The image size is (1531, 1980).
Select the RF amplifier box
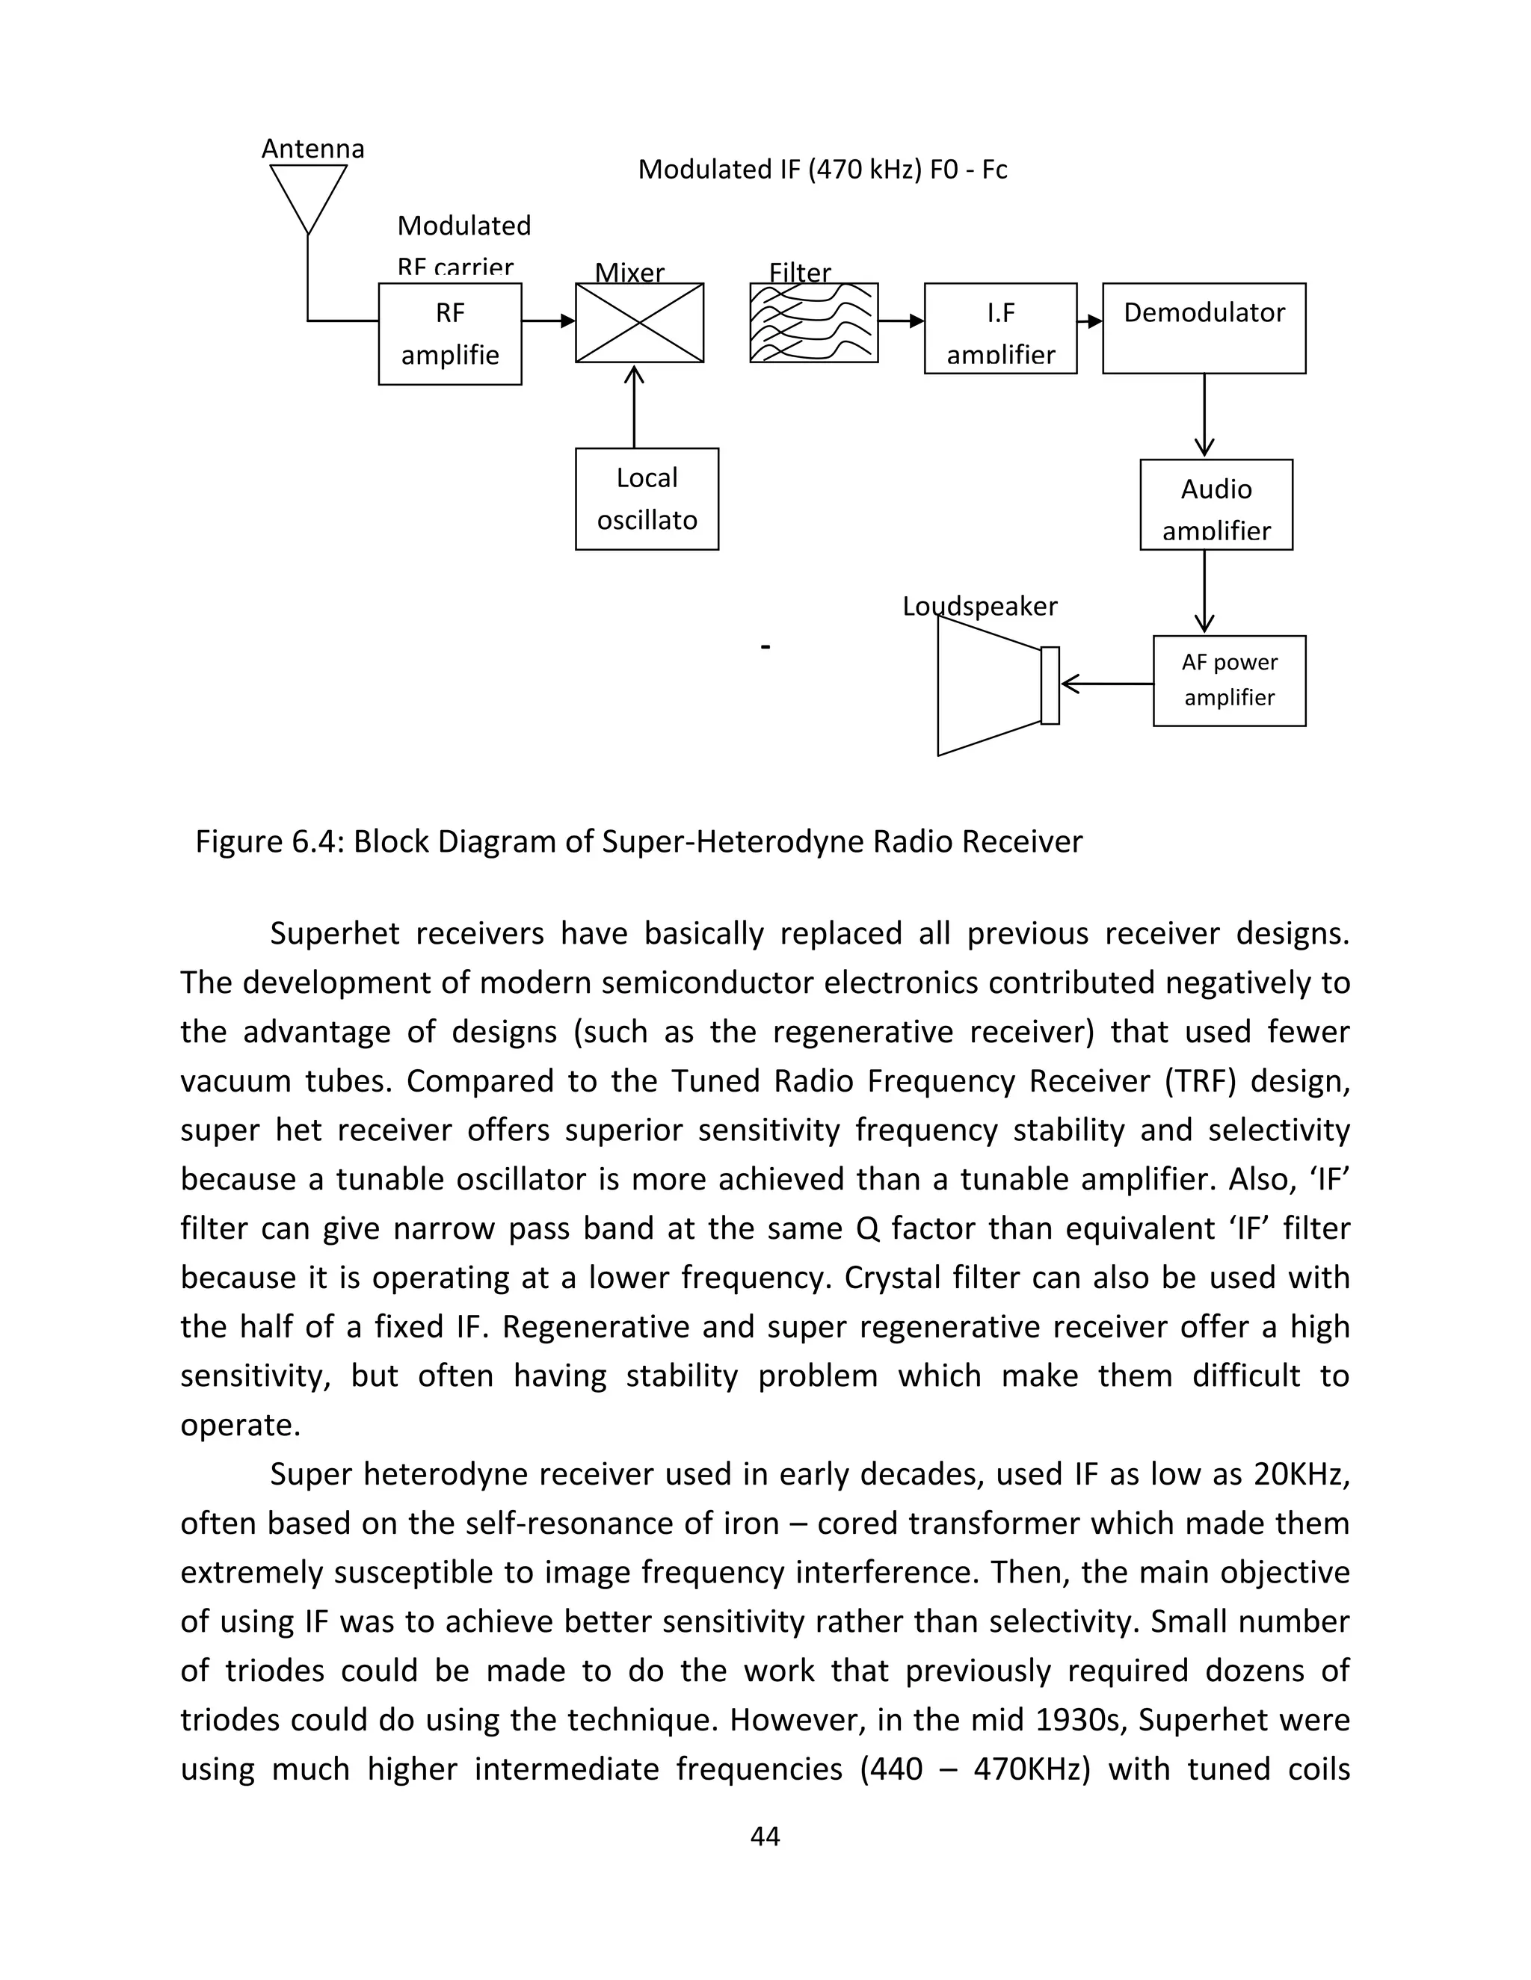(x=450, y=334)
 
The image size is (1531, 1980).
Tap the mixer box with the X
(x=639, y=323)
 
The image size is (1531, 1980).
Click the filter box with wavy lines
(x=813, y=323)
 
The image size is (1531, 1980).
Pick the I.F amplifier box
(x=1000, y=328)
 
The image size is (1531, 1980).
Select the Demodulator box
(x=1204, y=328)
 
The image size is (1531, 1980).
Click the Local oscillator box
(x=647, y=498)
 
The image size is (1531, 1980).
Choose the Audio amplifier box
(x=1216, y=505)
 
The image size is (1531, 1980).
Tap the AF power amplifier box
(x=1229, y=681)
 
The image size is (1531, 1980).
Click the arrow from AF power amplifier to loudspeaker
(x=1106, y=684)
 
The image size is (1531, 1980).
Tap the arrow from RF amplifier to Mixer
(x=549, y=321)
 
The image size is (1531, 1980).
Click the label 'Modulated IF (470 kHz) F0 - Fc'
(x=822, y=170)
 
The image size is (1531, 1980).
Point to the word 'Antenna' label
(x=313, y=149)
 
